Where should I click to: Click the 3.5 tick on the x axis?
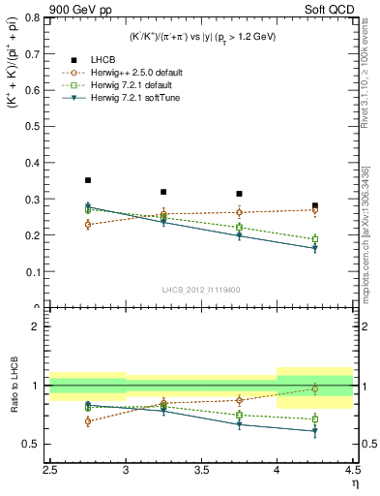point(202,470)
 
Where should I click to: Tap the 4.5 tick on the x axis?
point(353,470)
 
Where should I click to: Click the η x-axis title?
point(354,483)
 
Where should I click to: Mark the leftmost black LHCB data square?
point(88,180)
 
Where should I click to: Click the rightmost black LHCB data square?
point(314,205)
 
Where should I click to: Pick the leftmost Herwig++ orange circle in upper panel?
point(88,225)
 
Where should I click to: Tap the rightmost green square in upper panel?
point(314,239)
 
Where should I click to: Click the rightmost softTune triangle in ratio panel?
point(314,431)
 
